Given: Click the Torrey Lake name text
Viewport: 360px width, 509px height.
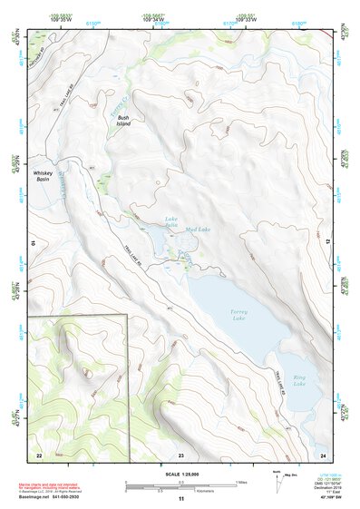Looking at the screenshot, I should pyautogui.click(x=239, y=315).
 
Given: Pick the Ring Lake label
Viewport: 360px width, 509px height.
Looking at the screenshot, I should pyautogui.click(x=300, y=381).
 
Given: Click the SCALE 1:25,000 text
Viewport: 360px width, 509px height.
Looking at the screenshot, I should pyautogui.click(x=181, y=474).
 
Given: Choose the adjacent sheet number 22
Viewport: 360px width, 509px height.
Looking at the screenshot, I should pyautogui.click(x=39, y=454).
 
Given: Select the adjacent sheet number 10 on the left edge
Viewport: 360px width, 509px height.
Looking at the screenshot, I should pyautogui.click(x=33, y=244).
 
